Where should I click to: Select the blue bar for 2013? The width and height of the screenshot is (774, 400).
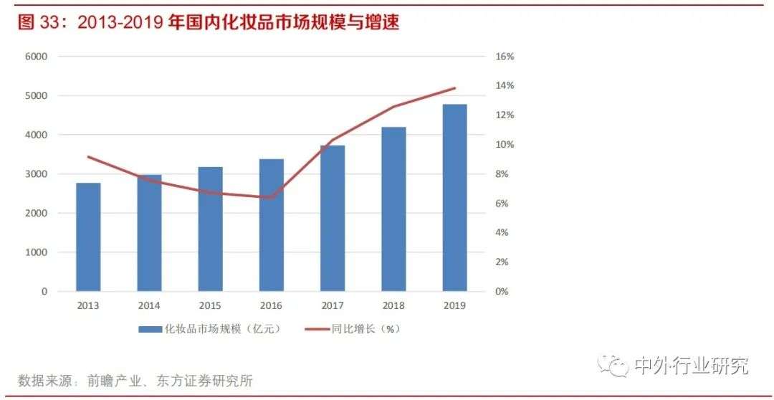(89, 237)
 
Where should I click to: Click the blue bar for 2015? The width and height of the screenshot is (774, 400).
(211, 229)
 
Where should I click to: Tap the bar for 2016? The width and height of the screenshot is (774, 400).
(272, 225)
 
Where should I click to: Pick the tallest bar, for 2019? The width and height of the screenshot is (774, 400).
(454, 198)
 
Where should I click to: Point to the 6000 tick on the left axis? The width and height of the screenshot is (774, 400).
(36, 57)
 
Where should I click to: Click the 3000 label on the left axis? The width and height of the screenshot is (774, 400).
(36, 174)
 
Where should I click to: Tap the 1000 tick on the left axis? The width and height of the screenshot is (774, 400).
(36, 252)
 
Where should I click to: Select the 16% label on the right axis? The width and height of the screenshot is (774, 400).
(505, 57)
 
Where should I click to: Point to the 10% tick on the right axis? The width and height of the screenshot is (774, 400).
(505, 145)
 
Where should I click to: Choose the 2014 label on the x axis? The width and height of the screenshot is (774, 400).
(150, 305)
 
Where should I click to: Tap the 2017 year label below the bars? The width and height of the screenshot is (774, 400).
(333, 305)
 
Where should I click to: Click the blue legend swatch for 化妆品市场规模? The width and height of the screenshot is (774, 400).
(149, 330)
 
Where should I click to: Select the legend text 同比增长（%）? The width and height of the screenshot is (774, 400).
(364, 330)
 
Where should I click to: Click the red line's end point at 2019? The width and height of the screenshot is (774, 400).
(454, 88)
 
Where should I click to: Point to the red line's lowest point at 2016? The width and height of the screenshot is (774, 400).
(272, 198)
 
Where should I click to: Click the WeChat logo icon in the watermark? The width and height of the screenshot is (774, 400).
(615, 366)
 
